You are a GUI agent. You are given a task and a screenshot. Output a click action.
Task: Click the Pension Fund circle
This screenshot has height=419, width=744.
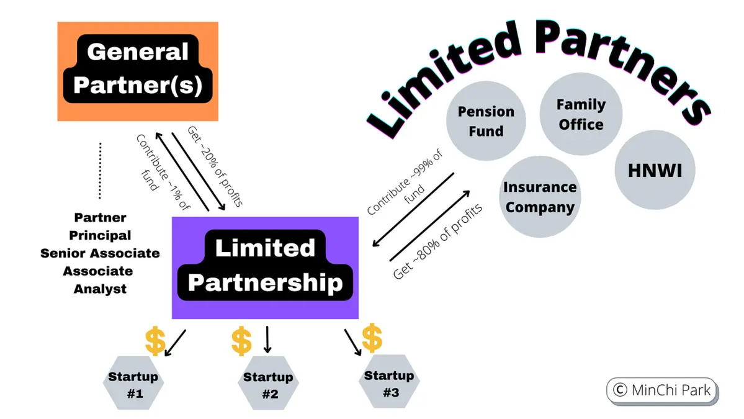pyautogui.click(x=486, y=121)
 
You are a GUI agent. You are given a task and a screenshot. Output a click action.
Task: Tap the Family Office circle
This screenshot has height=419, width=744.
pyautogui.click(x=580, y=114)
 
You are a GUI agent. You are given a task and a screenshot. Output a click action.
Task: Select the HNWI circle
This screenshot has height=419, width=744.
pyautogui.click(x=655, y=170)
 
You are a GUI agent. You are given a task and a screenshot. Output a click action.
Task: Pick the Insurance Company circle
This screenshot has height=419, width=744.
pyautogui.click(x=539, y=197)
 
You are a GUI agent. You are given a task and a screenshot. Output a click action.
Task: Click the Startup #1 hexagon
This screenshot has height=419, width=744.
pyautogui.click(x=133, y=384)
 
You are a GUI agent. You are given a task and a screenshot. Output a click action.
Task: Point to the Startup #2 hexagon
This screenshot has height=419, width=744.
pyautogui.click(x=268, y=385)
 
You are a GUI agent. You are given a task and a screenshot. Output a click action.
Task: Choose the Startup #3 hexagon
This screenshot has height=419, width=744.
pyautogui.click(x=389, y=383)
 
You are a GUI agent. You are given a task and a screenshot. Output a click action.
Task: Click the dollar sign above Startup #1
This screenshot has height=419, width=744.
pyautogui.click(x=155, y=341)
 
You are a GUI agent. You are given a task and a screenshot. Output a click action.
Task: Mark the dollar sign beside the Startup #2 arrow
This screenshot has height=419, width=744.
pyautogui.click(x=241, y=342)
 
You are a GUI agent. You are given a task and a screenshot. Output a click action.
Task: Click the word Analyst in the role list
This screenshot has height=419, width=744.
pyautogui.click(x=100, y=289)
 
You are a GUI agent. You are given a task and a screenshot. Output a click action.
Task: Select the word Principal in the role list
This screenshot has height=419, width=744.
pyautogui.click(x=100, y=235)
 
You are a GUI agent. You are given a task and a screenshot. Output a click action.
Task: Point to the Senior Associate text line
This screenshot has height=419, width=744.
pyautogui.click(x=100, y=253)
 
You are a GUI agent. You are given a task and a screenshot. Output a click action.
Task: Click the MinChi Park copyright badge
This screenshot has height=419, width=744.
pyautogui.click(x=661, y=390)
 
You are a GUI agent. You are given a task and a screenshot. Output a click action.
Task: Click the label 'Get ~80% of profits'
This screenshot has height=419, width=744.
pyautogui.click(x=438, y=238)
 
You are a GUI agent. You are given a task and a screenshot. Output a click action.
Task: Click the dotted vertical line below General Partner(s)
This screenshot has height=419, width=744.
pyautogui.click(x=100, y=170)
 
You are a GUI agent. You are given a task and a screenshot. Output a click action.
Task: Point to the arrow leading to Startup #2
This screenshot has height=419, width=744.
pyautogui.click(x=267, y=339)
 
